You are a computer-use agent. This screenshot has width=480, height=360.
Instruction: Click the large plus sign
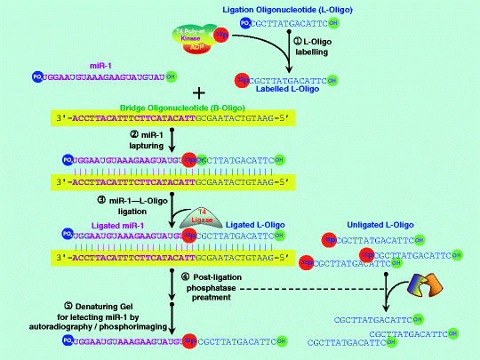pos(198,93)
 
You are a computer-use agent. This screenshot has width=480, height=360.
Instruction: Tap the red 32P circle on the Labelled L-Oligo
pos(241,78)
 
